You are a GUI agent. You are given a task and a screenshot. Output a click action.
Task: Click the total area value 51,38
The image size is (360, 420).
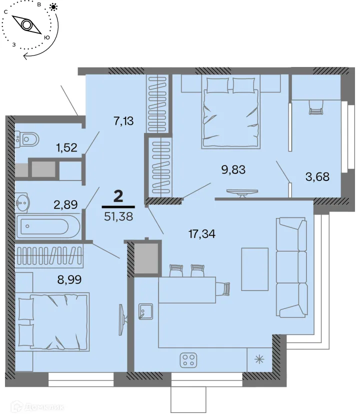(x=118, y=216)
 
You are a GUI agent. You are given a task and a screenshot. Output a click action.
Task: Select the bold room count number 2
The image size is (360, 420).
(x=118, y=195)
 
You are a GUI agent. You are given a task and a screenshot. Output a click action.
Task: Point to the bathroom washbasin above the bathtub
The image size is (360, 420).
(x=22, y=202)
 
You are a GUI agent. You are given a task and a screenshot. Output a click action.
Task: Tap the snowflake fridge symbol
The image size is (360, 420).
(x=259, y=359)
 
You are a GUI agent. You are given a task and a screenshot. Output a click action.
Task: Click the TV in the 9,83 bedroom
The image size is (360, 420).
(x=242, y=192)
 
